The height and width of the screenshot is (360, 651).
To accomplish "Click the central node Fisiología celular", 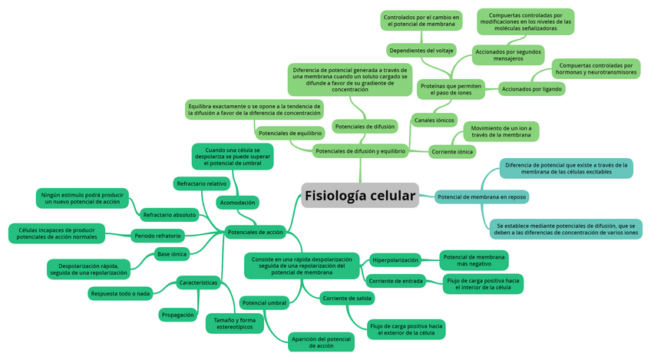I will click(x=360, y=196).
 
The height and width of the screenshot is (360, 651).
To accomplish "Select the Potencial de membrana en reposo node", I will click(x=481, y=197).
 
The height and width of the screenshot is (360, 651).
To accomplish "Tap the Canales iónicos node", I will click(x=435, y=121).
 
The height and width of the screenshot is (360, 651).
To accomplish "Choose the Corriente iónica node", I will click(x=452, y=152).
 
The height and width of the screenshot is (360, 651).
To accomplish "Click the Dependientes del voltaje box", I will click(x=421, y=51).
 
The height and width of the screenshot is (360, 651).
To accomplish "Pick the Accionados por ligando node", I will click(x=531, y=89).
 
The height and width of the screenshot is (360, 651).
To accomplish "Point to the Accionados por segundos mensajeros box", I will click(x=508, y=55).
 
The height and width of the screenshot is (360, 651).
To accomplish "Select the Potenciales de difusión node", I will click(x=365, y=126).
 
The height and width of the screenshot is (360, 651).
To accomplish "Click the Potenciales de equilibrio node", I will click(x=289, y=133).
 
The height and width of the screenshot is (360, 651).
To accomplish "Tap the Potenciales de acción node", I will click(x=256, y=232).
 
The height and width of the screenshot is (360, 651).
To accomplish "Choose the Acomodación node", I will click(x=237, y=203).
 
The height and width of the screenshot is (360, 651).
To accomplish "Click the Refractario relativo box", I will click(x=201, y=183).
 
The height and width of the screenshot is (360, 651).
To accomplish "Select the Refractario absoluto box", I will click(x=170, y=215).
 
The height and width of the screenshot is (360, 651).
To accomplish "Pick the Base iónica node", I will click(x=171, y=253).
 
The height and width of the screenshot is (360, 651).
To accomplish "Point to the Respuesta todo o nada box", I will click(x=121, y=293).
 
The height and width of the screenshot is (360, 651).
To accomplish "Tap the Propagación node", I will click(x=178, y=315).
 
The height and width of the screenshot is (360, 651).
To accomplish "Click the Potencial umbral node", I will click(x=264, y=303).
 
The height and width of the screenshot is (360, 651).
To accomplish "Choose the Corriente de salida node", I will click(x=348, y=298).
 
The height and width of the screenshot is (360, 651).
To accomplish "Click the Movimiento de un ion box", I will click(x=501, y=131).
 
